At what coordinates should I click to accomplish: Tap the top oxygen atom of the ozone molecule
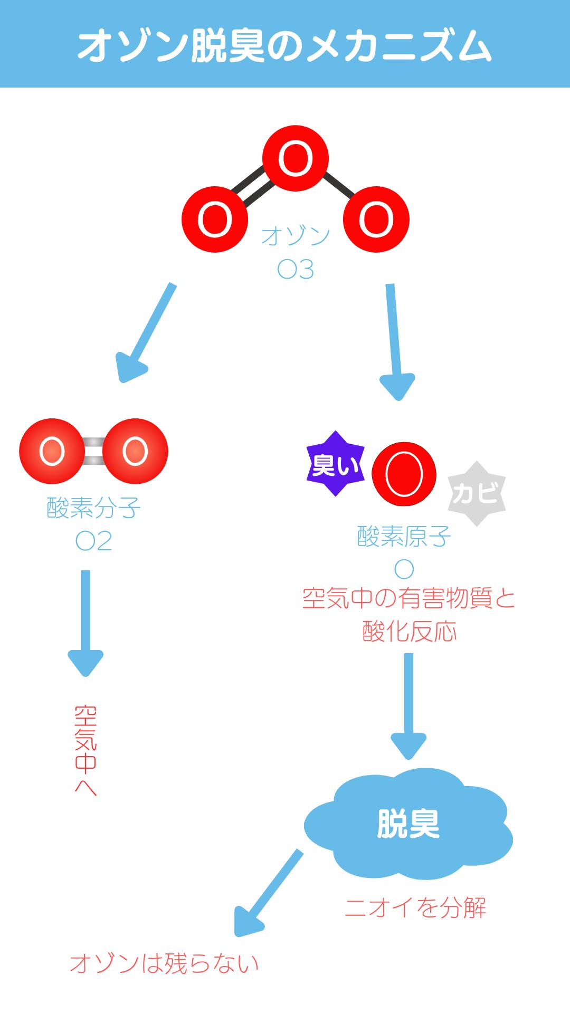point(296,158)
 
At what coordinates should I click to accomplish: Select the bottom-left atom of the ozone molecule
point(215,219)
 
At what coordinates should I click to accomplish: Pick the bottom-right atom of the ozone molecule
point(376,219)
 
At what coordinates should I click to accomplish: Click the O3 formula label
point(296,270)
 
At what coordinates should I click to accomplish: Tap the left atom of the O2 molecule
point(52,451)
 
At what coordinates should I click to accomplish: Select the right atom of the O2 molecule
point(135,451)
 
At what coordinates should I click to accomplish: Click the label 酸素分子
point(94,508)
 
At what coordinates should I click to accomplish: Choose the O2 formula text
point(94,541)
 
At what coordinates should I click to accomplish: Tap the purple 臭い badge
point(335,464)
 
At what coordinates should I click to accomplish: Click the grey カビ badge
point(476,494)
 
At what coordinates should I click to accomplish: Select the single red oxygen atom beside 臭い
point(404,474)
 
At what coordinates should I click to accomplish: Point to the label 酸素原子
point(404,537)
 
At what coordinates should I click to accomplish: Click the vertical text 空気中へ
point(85,749)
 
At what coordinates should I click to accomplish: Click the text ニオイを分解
point(415,907)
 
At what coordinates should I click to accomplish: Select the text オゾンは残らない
point(164,963)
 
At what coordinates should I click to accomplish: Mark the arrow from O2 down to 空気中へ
point(85,623)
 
